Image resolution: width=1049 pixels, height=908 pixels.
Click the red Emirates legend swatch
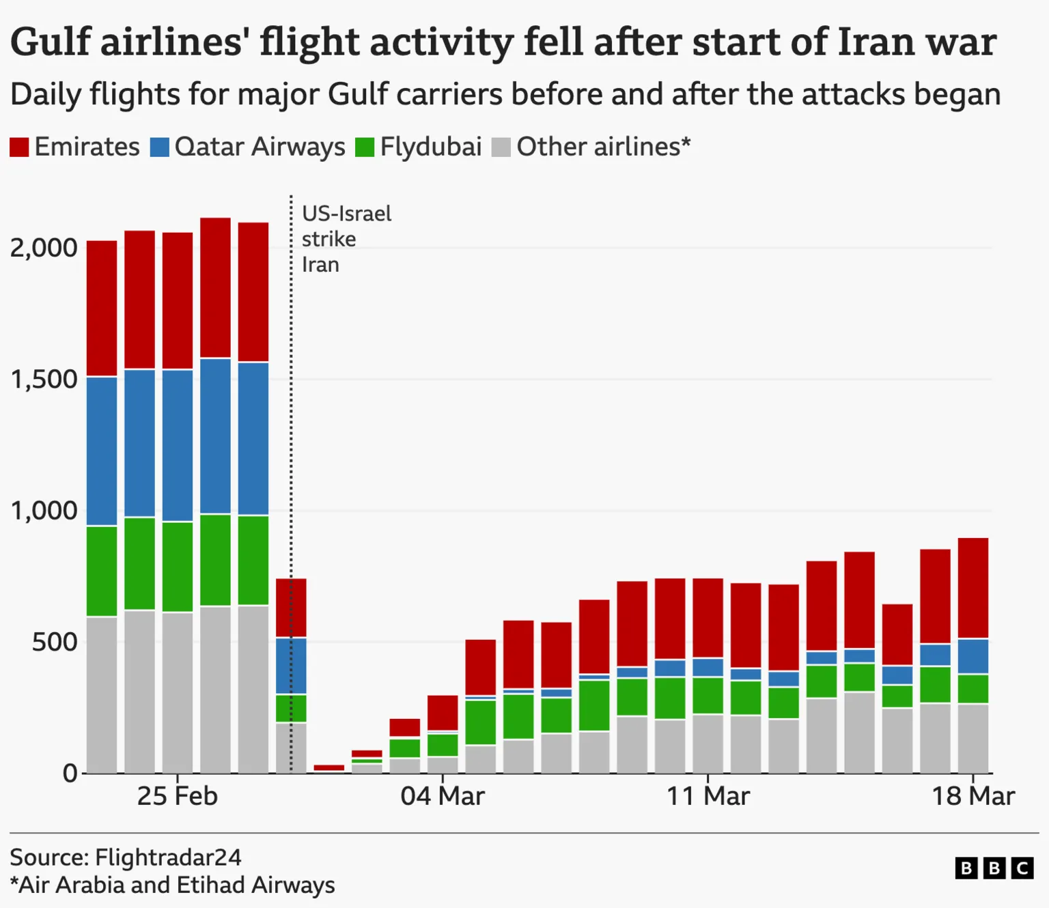click(19, 147)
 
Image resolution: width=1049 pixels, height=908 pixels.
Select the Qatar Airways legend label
click(260, 147)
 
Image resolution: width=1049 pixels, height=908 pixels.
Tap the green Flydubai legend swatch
click(365, 147)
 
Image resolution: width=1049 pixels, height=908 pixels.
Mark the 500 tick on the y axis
click(55, 642)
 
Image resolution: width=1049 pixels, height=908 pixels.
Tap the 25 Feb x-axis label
click(177, 796)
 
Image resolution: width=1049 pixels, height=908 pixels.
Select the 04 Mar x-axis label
click(442, 796)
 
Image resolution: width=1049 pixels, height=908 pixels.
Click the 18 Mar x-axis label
click(973, 796)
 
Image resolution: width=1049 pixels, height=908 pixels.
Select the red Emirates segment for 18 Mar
click(973, 587)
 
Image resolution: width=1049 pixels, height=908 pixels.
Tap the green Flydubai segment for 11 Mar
click(708, 695)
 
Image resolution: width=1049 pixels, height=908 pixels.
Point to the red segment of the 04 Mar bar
click(443, 713)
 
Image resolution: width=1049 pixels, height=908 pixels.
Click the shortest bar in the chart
click(328, 768)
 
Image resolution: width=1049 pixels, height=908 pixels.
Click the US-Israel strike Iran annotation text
click(346, 239)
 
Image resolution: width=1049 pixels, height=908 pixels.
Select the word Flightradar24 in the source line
click(168, 857)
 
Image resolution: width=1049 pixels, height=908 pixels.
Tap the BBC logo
click(994, 868)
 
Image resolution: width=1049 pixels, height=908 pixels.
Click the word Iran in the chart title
click(876, 42)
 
